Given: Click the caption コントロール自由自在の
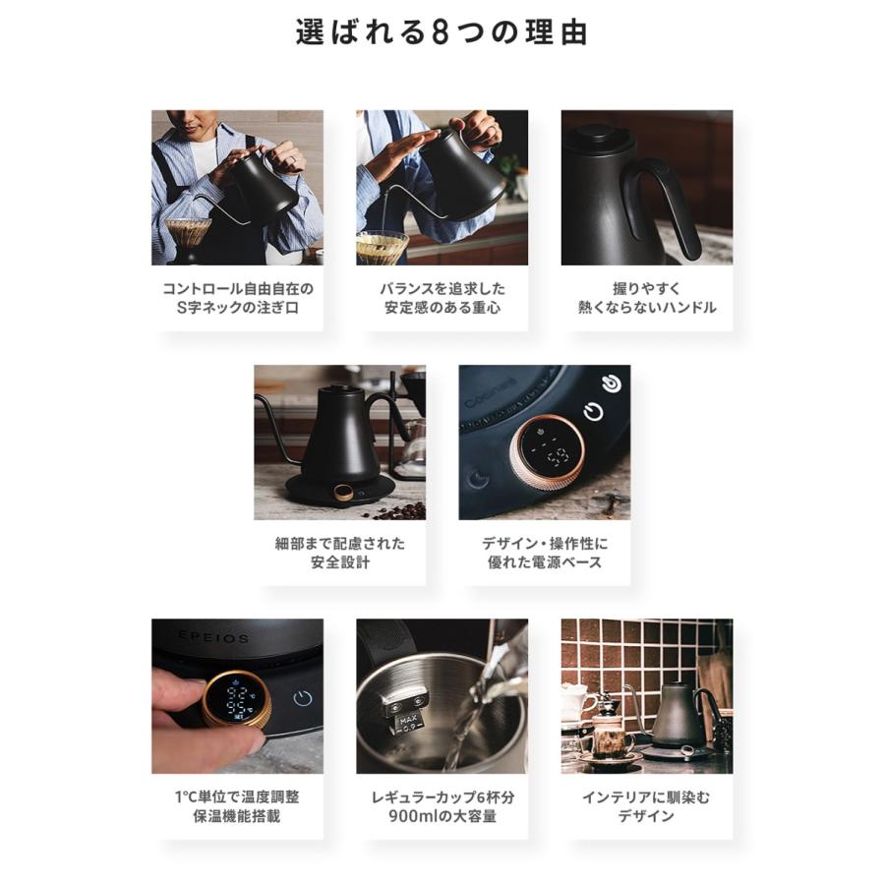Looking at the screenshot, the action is [238, 289].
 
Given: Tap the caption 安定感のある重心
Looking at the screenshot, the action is [442, 308].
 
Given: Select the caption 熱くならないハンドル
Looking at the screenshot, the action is [647, 308].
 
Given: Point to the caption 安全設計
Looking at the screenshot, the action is [340, 562].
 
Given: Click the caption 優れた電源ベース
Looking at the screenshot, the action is [545, 562].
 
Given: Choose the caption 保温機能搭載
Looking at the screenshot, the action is [237, 816].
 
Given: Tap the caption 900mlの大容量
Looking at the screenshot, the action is [442, 816].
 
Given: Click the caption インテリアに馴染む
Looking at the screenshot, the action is [647, 797].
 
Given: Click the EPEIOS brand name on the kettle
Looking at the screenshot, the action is [214, 637].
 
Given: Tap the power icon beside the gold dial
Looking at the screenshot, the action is [303, 698].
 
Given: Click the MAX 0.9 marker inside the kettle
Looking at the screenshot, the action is [407, 724].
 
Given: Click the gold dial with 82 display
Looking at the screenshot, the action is [237, 700].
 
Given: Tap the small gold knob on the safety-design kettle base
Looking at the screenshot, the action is [343, 493].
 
